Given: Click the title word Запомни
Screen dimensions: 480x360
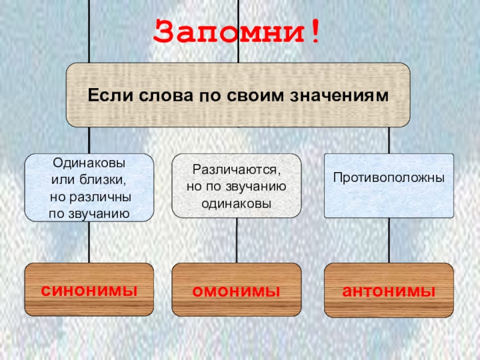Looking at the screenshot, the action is click(x=231, y=32).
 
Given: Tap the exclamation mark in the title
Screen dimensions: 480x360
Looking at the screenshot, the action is click(x=314, y=32).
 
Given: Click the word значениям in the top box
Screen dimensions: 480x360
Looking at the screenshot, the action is click(x=343, y=95).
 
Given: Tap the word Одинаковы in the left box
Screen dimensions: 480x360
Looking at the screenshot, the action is click(x=89, y=163).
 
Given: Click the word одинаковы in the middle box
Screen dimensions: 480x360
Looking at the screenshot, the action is click(x=236, y=203).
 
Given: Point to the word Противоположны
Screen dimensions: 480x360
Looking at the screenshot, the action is click(x=389, y=179).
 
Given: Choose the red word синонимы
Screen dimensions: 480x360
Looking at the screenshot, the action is click(x=89, y=290).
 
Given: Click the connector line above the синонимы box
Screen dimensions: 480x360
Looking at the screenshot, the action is click(x=89, y=240).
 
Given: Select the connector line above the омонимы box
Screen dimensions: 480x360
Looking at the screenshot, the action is click(x=236, y=240).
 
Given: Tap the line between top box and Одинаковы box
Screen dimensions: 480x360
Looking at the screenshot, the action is click(x=89, y=140).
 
